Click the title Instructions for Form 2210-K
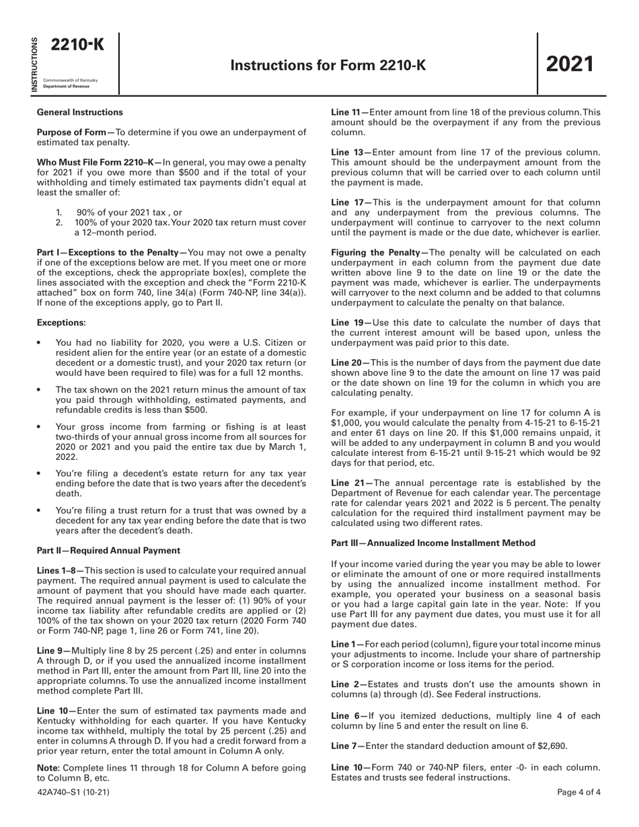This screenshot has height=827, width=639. (x=328, y=65)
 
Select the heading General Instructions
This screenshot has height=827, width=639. (x=79, y=112)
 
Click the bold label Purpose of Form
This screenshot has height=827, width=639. (x=74, y=132)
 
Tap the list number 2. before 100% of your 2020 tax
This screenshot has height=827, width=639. (x=59, y=223)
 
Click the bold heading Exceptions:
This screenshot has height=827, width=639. (x=61, y=323)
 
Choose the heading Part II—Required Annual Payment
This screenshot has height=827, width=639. (x=108, y=549)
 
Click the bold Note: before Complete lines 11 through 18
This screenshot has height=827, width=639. (x=48, y=767)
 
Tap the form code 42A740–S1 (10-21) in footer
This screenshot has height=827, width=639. (x=73, y=792)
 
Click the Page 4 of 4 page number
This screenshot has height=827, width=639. (x=578, y=792)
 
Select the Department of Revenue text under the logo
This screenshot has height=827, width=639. (x=61, y=87)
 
